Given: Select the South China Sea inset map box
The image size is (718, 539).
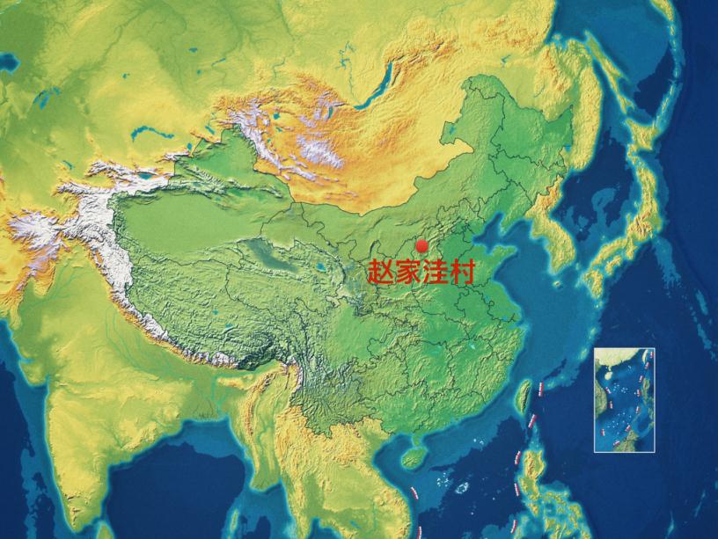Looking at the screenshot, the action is [x=623, y=399].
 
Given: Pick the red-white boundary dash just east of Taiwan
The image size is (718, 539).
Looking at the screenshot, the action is [x=538, y=386].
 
